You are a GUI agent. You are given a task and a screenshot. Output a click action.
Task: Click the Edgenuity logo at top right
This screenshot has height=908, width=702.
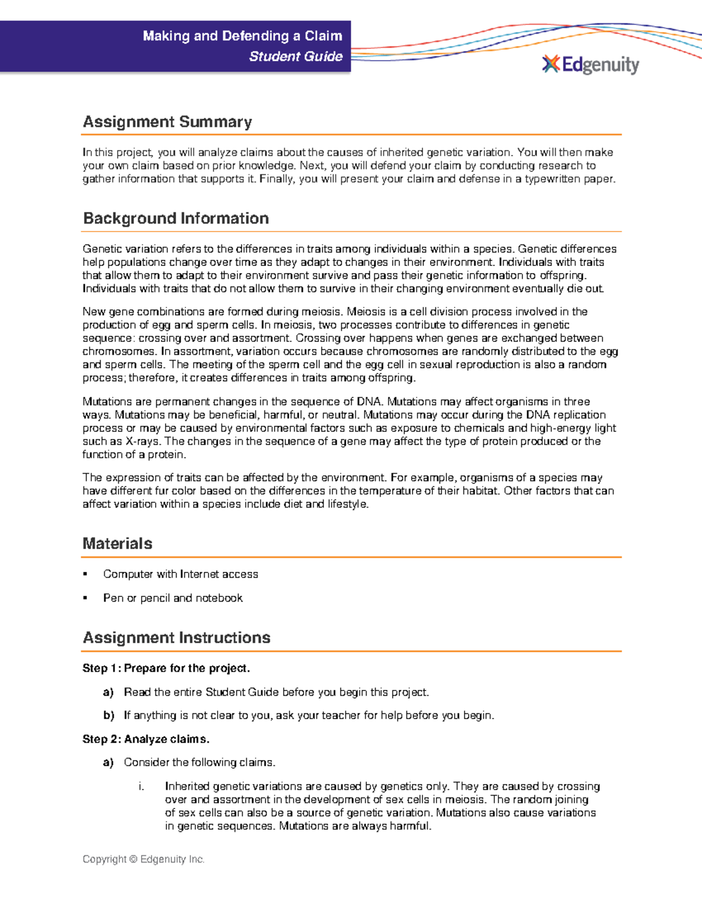[x=591, y=64]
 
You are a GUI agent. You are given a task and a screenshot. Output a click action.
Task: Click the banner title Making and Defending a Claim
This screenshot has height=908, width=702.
[x=242, y=36]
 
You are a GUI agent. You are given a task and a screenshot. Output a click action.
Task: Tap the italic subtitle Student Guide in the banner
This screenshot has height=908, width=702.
[x=295, y=57]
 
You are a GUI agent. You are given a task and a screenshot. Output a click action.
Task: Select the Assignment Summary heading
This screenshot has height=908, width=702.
[x=167, y=122]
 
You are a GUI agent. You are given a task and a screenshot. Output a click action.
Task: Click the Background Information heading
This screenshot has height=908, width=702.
[x=175, y=219]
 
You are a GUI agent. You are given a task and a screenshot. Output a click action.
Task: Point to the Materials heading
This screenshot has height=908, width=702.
[x=117, y=544]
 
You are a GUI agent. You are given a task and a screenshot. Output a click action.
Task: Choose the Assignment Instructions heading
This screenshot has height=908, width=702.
[x=176, y=638]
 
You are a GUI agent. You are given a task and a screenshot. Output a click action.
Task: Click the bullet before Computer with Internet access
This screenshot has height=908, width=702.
[x=85, y=574]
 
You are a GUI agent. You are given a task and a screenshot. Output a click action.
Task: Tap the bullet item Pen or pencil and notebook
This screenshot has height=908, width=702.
[x=173, y=598]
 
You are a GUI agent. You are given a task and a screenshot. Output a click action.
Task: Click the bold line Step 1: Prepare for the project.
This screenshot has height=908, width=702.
[x=166, y=668]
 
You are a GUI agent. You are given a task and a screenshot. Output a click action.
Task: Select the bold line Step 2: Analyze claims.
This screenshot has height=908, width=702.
[x=146, y=739]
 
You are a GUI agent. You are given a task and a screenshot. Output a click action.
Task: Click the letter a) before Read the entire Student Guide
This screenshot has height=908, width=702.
[x=108, y=692]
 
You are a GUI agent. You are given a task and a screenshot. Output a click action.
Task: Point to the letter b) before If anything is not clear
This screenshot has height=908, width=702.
[x=108, y=716]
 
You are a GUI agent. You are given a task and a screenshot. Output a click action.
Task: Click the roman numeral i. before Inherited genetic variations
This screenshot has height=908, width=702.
[x=141, y=786]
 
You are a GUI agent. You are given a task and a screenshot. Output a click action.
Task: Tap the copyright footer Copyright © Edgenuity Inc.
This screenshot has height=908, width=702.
[x=143, y=859]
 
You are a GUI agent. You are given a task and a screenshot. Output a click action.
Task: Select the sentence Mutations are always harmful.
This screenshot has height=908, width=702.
[x=355, y=826]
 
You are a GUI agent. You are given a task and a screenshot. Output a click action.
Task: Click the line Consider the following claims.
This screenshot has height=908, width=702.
[x=199, y=762]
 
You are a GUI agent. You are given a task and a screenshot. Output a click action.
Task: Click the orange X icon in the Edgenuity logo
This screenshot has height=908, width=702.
[x=550, y=64]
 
